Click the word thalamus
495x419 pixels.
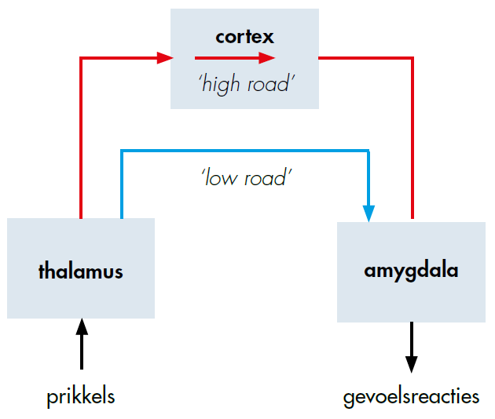pos(80,271)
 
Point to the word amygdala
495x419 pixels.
pos(411,271)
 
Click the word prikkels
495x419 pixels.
pos(80,396)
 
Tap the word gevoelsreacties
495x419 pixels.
pos(411,396)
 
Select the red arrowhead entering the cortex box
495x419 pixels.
pos(164,57)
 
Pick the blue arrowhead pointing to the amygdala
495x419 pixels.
pos(368,213)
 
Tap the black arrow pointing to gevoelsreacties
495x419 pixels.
pos(411,349)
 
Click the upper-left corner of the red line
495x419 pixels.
pos(82,57)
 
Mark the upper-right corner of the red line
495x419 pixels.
pos(411,57)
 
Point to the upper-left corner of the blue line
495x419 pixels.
pos(121,150)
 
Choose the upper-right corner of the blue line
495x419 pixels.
pos(368,150)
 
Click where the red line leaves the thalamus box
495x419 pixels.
pos(82,217)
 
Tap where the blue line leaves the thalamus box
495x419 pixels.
pos(121,217)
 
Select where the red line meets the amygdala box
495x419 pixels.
pos(411,222)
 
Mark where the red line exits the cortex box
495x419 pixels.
pos(320,57)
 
